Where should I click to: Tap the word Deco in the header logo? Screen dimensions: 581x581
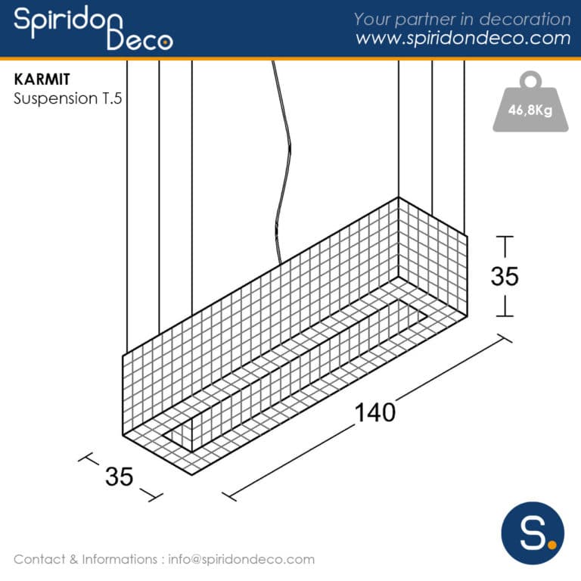tap(140, 40)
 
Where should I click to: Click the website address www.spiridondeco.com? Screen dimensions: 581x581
tap(463, 39)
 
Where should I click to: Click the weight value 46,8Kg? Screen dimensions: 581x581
tap(530, 110)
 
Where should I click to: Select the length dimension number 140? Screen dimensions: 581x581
tap(375, 412)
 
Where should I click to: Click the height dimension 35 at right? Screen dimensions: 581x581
tap(505, 277)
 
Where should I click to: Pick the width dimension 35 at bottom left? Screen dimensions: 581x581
tap(119, 477)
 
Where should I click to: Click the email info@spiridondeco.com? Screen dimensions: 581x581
tap(241, 560)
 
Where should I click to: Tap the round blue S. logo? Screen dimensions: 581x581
tap(533, 531)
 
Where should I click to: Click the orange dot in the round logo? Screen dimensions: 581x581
tap(551, 543)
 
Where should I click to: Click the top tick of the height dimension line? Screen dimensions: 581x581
tap(505, 238)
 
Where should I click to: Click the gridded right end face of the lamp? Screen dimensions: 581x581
tap(433, 265)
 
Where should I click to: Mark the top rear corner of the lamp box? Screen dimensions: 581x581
tap(399, 197)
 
